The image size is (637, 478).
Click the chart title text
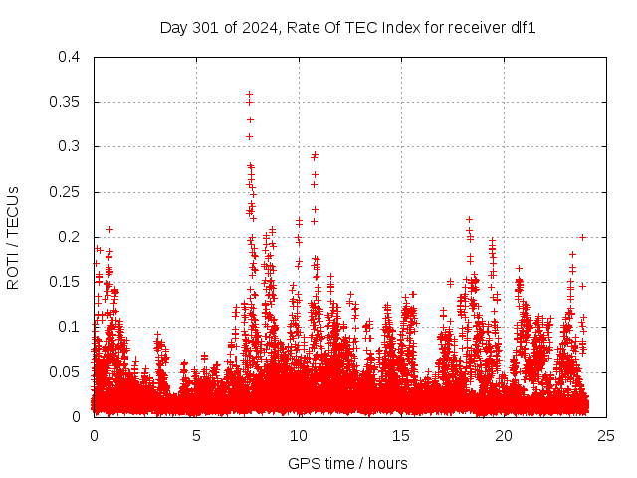pyautogui.click(x=348, y=27)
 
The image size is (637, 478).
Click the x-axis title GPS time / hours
pyautogui.click(x=347, y=463)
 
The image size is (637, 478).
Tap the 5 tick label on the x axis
pyautogui.click(x=196, y=435)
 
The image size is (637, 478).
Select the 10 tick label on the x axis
pyautogui.click(x=299, y=435)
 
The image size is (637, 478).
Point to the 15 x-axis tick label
pyautogui.click(x=401, y=435)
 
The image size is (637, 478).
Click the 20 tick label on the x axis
pyautogui.click(x=504, y=435)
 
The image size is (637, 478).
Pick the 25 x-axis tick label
pyautogui.click(x=606, y=435)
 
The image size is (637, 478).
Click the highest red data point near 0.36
pyautogui.click(x=249, y=94)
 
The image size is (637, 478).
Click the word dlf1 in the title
pyautogui.click(x=524, y=27)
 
